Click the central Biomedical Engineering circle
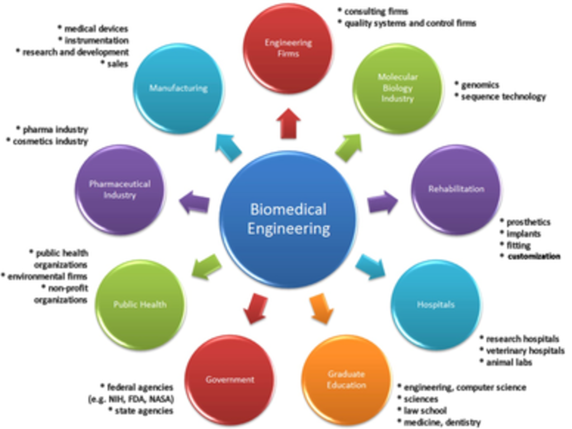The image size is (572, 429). tap(288, 219)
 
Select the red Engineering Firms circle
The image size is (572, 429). tap(288, 49)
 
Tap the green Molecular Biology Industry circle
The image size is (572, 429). tap(397, 88)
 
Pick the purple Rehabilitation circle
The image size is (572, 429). tap(456, 189)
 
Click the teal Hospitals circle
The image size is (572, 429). tap(435, 304)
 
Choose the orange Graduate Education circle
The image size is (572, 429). tap(346, 380)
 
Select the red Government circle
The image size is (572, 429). tap(230, 380)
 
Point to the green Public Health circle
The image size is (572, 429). tap(140, 304)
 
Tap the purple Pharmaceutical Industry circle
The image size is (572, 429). tap(120, 189)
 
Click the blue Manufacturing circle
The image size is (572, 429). tap(178, 88)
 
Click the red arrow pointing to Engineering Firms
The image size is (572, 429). tap(289, 123)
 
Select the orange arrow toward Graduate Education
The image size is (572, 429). tap(321, 309)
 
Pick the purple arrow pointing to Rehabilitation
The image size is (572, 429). tap(383, 203)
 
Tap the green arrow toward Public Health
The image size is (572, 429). tap(206, 266)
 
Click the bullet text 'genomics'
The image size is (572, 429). tap(480, 85)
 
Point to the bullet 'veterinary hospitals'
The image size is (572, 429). tap(525, 351)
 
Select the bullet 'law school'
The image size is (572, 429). tap(425, 411)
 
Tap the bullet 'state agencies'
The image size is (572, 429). tap(144, 411)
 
